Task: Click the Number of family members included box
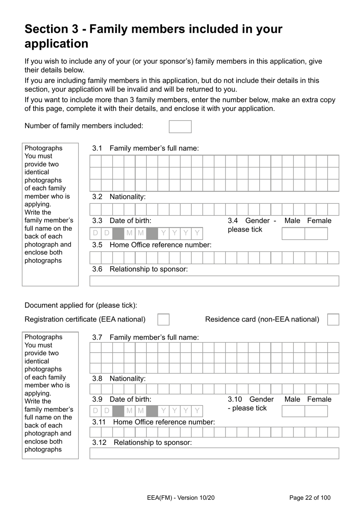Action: tap(180, 127)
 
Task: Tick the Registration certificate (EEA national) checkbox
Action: tap(163, 320)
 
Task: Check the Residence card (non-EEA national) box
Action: tap(333, 320)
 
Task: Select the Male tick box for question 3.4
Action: tap(293, 233)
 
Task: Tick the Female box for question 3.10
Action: tap(316, 411)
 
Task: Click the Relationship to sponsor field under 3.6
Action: tap(214, 281)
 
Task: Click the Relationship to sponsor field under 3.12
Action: tap(214, 453)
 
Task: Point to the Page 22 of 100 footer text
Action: tap(310, 498)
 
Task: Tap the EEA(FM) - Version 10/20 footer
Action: tap(180, 498)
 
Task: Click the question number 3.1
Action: tap(97, 148)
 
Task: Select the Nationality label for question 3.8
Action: tap(127, 378)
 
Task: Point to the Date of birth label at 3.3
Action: tap(130, 221)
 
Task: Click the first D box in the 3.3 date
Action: tap(95, 233)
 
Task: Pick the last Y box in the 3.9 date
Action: tap(197, 411)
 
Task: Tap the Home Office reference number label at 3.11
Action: tap(164, 422)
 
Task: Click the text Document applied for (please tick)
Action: tap(81, 305)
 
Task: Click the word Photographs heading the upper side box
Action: tap(43, 148)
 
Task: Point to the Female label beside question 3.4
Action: tap(319, 221)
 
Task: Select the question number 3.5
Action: tap(97, 245)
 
